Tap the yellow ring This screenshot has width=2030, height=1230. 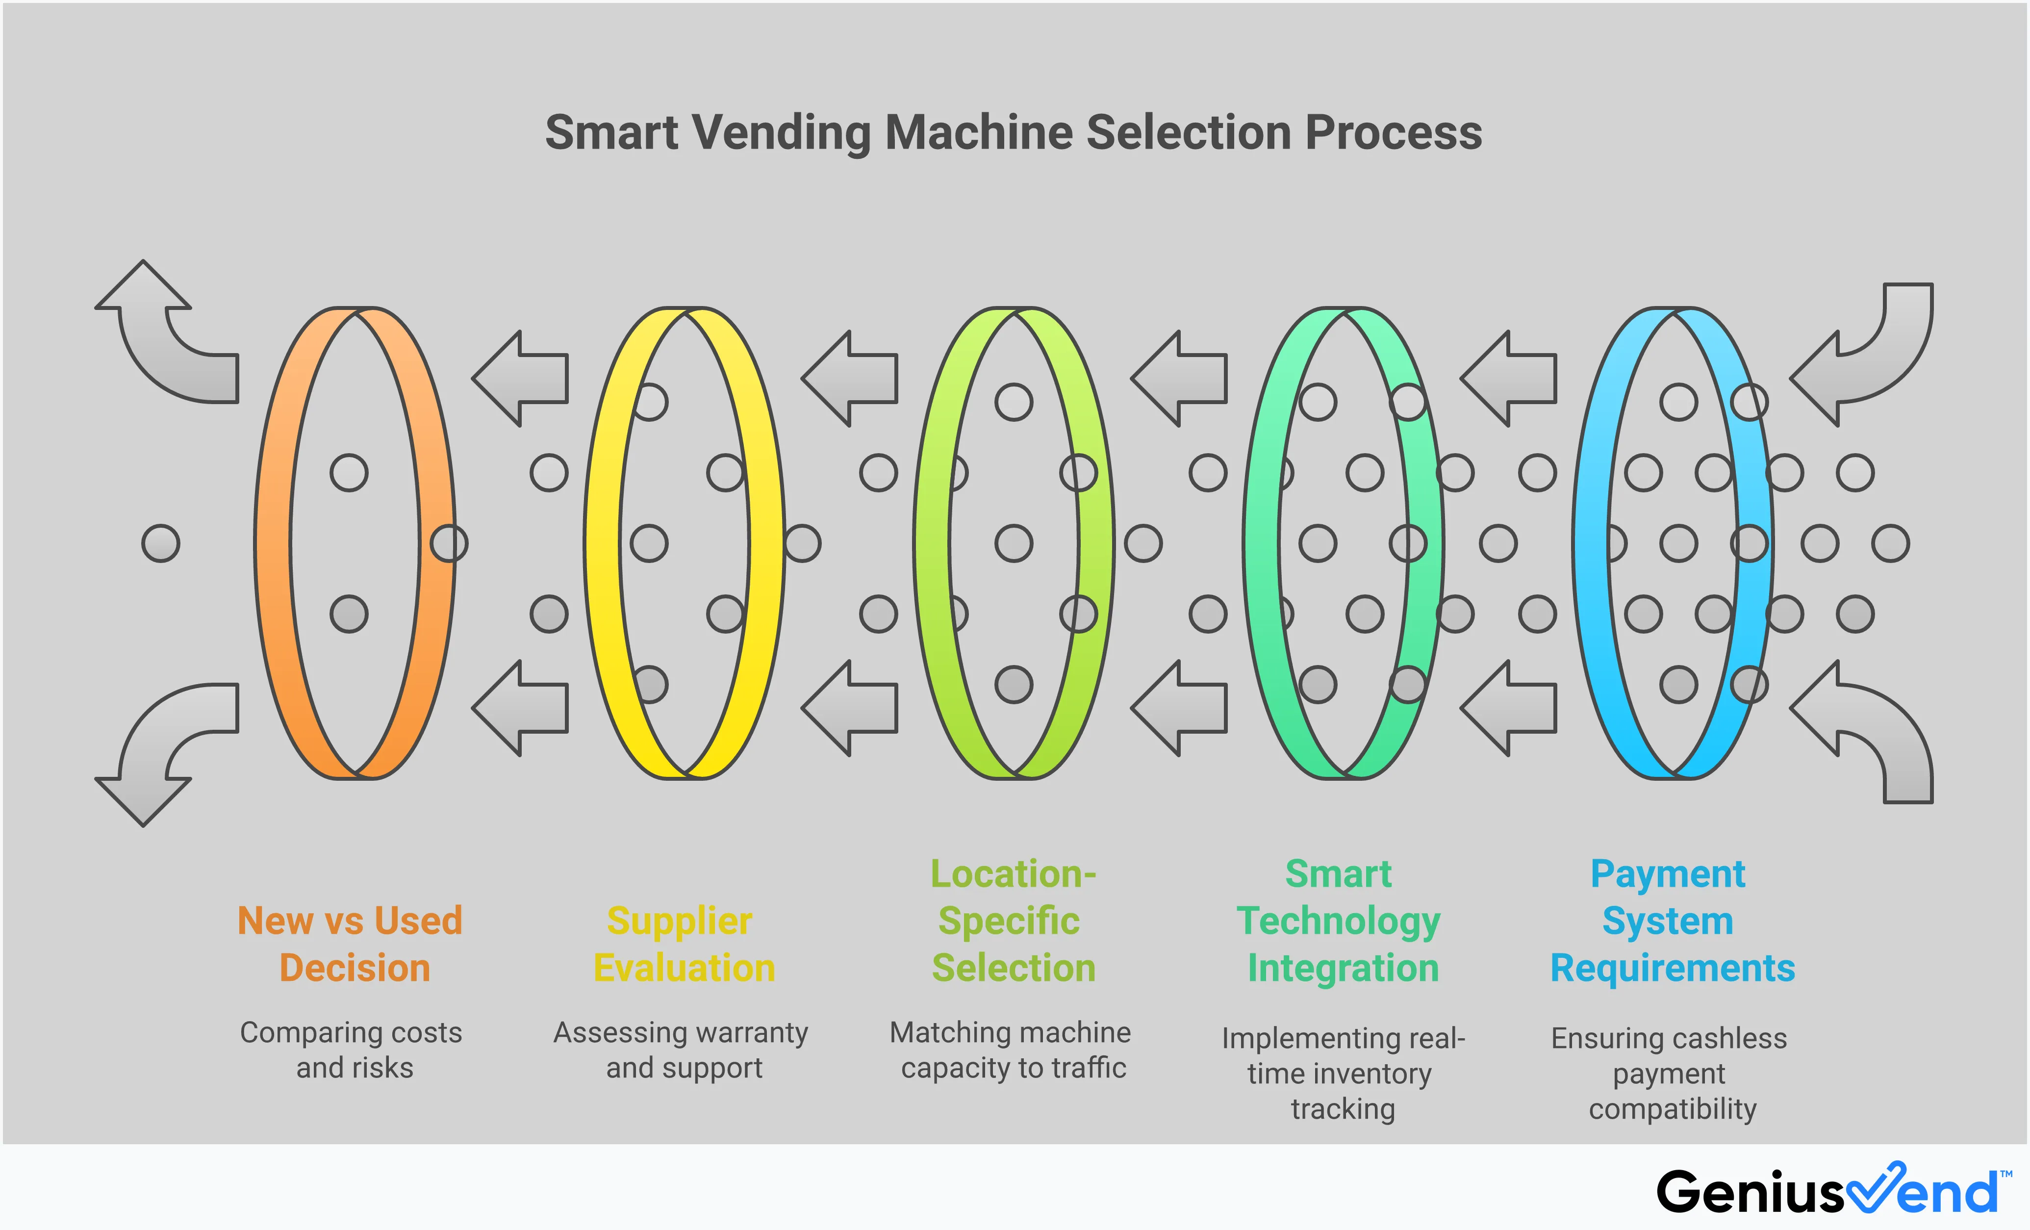pyautogui.click(x=602, y=544)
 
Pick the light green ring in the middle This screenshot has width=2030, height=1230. pyautogui.click(x=932, y=544)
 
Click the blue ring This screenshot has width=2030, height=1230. pyautogui.click(x=1591, y=544)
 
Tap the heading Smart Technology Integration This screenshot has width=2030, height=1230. pyautogui.click(x=1341, y=920)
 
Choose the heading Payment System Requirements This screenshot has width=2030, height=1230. pyautogui.click(x=1671, y=920)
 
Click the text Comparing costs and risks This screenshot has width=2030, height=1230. pyautogui.click(x=352, y=1050)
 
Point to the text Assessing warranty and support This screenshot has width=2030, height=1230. pyautogui.click(x=682, y=1050)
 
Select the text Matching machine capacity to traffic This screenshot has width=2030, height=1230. pyautogui.click(x=1011, y=1050)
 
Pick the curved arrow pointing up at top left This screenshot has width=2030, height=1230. pyautogui.click(x=165, y=338)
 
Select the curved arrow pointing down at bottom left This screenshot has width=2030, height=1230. pyautogui.click(x=165, y=750)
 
